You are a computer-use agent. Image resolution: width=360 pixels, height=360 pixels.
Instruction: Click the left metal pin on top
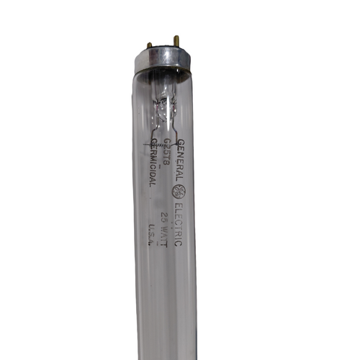coord(149,45)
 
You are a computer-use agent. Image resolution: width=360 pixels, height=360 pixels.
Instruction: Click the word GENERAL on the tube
coord(180,158)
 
